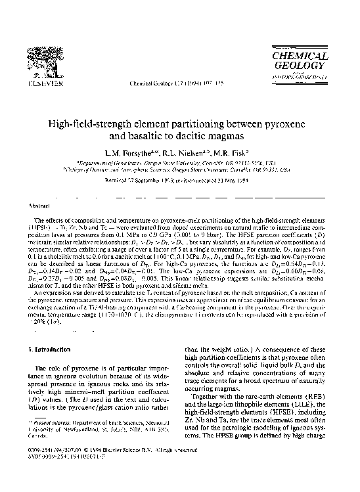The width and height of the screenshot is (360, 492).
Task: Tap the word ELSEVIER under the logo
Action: [x=40, y=84]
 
